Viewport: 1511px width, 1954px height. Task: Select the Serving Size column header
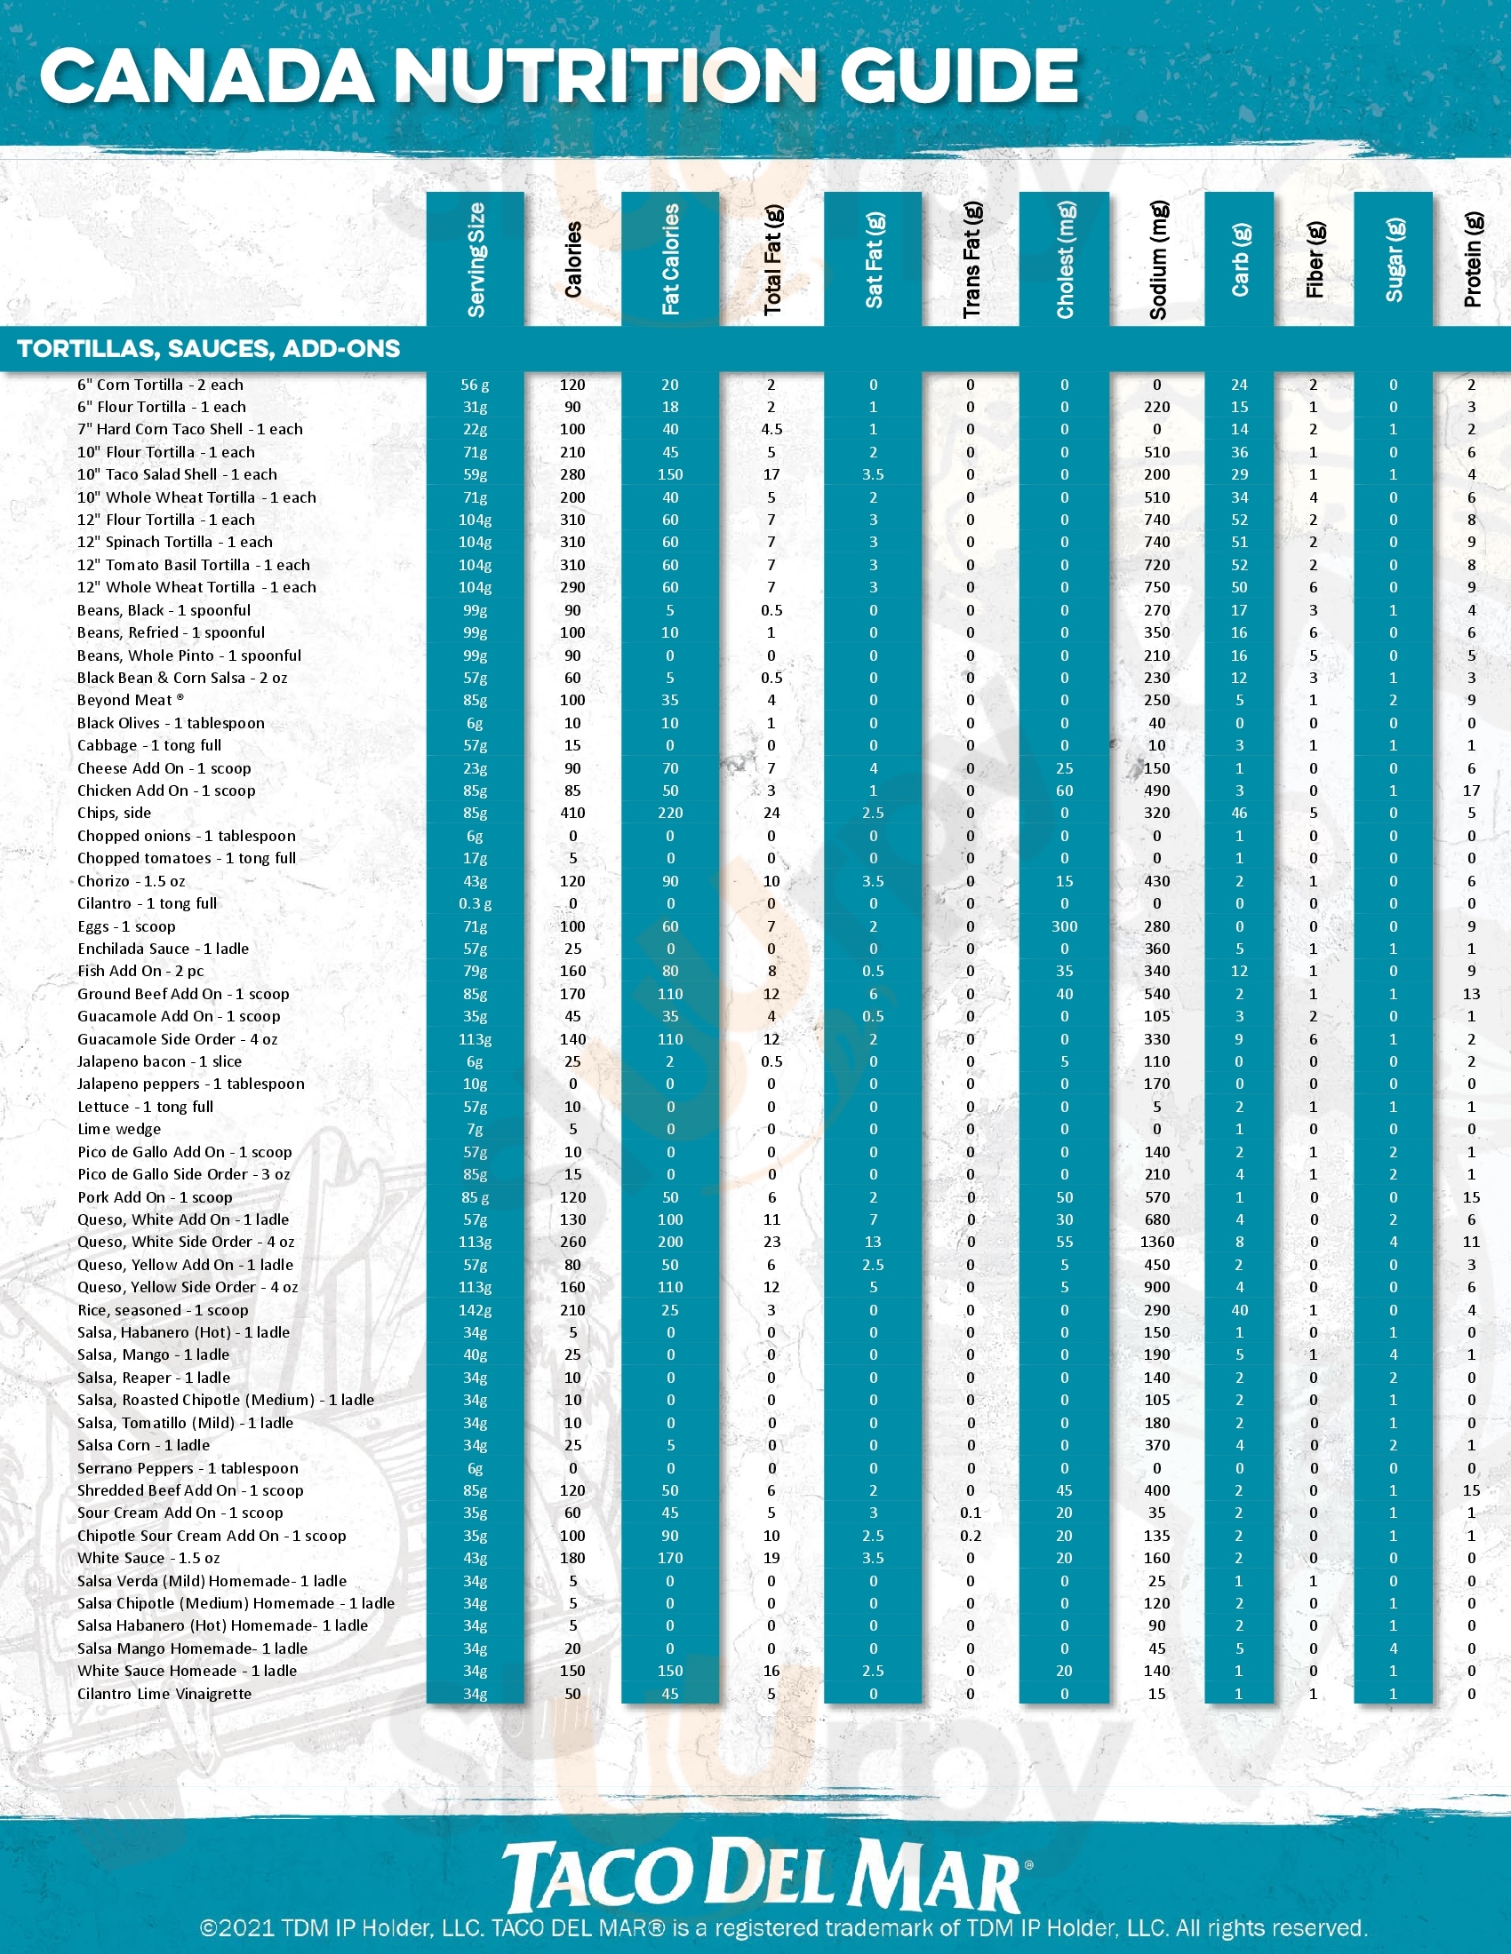tap(476, 259)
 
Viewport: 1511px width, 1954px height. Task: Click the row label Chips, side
tap(114, 814)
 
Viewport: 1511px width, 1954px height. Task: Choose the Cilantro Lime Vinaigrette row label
tap(164, 1694)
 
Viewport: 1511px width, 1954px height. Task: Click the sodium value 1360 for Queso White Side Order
tap(1156, 1242)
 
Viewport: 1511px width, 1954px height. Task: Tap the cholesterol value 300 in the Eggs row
tap(1064, 927)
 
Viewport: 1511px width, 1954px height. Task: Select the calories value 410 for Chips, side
tap(573, 814)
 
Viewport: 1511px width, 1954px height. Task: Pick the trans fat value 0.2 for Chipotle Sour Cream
tap(971, 1537)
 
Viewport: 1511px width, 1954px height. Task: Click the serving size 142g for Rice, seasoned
tap(476, 1310)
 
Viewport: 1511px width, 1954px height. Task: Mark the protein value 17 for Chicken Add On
tap(1471, 790)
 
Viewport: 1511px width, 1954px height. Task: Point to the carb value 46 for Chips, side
tap(1239, 814)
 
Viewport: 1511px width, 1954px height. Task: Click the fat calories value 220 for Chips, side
tap(669, 814)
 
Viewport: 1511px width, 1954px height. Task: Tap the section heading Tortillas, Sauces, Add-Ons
tap(209, 349)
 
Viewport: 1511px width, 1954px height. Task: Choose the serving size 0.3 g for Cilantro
tap(476, 903)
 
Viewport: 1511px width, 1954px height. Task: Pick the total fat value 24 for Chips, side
tap(771, 814)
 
